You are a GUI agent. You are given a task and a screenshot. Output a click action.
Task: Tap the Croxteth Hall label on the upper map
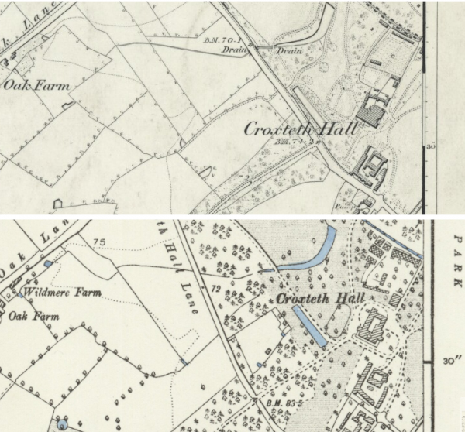[300, 129]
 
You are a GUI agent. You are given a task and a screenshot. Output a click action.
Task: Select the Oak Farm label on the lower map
[33, 316]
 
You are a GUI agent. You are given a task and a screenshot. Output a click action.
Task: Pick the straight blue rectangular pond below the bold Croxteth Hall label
[309, 326]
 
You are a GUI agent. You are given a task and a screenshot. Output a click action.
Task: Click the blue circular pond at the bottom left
[60, 425]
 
